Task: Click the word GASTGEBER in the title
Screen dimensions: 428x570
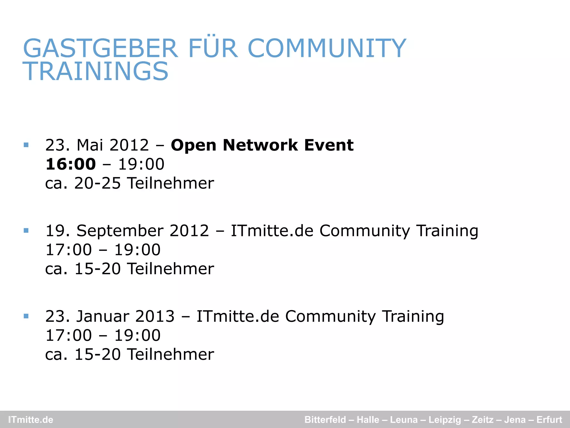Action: (x=100, y=48)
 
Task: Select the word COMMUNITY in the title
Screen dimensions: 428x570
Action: (x=327, y=48)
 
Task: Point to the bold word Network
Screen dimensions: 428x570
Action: (x=260, y=145)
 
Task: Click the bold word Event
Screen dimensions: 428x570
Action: (x=329, y=145)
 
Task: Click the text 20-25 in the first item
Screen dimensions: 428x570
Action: (x=97, y=183)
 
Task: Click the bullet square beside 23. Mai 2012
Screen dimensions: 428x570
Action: (x=26, y=145)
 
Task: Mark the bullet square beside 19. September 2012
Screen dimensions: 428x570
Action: (x=26, y=230)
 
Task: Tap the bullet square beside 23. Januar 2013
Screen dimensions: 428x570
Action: (x=26, y=316)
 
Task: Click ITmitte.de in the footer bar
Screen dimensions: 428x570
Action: (x=31, y=420)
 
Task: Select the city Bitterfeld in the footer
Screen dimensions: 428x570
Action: (x=325, y=420)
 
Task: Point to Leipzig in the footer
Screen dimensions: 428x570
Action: (x=445, y=420)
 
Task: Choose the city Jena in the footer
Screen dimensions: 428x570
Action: (x=515, y=420)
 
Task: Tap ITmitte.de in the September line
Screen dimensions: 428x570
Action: (x=272, y=231)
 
